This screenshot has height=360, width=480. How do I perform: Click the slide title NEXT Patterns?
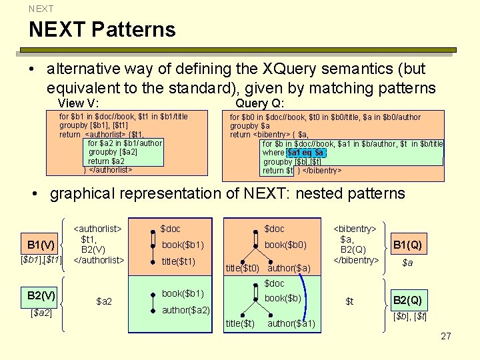(x=102, y=30)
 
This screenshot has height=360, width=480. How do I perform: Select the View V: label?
(x=79, y=103)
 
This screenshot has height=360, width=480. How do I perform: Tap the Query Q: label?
(x=259, y=103)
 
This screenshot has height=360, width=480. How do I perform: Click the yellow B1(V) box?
(x=41, y=243)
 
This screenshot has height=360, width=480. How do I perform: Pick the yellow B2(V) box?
(x=41, y=295)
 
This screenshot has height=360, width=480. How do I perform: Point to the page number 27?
(x=446, y=336)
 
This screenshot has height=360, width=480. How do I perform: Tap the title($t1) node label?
(x=178, y=261)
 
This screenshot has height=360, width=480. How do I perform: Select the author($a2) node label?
(x=185, y=310)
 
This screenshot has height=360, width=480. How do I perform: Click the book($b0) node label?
(x=285, y=245)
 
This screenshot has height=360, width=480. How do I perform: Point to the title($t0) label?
(x=242, y=269)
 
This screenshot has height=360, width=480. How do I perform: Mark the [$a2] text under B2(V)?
(x=41, y=312)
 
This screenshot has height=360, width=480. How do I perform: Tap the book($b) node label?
(x=283, y=297)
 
